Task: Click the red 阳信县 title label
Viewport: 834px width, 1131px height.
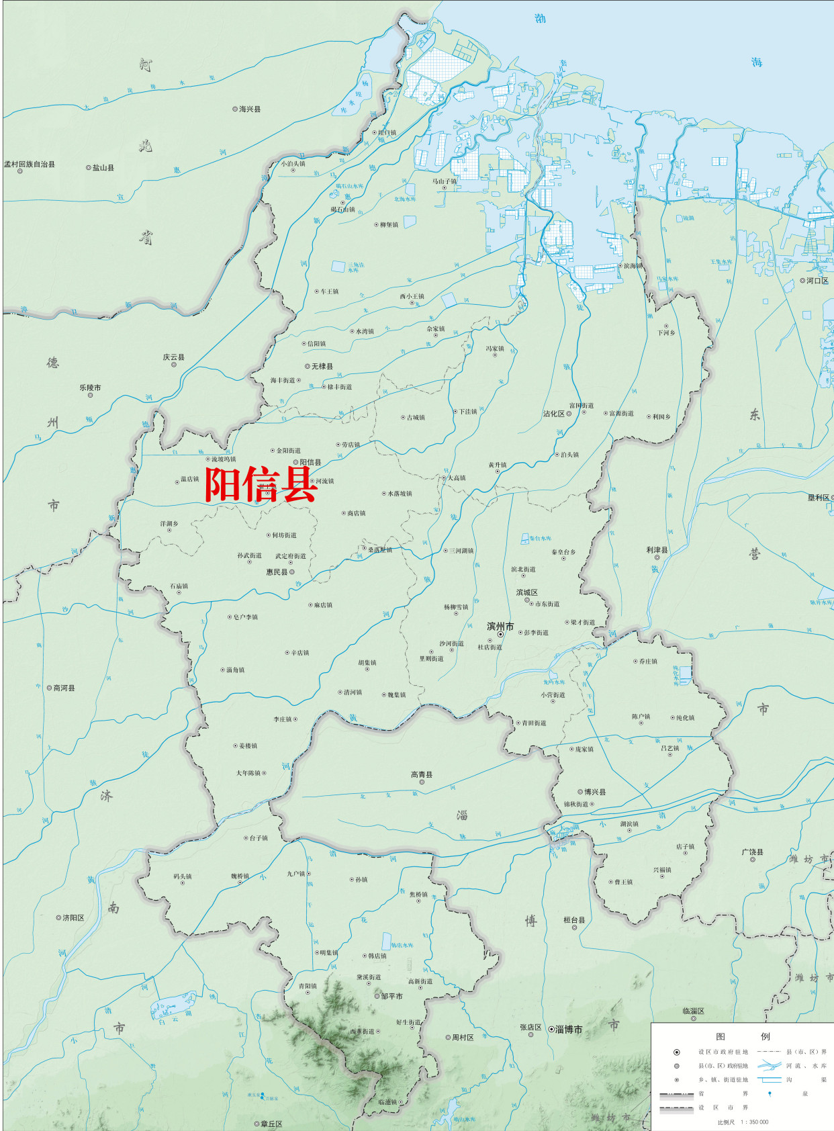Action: click(261, 485)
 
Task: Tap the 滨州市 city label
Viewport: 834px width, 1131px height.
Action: click(500, 626)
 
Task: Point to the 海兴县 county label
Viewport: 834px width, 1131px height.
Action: click(250, 109)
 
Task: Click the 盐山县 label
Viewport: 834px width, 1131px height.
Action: click(103, 168)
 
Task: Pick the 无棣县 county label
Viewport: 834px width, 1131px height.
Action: click(322, 366)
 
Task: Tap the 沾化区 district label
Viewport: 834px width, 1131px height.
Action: click(554, 414)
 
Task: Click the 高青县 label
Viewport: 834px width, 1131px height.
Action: click(422, 774)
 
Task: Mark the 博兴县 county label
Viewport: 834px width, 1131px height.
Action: click(594, 792)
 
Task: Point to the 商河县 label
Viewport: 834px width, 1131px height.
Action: click(64, 688)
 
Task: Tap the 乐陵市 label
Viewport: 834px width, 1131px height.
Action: click(90, 388)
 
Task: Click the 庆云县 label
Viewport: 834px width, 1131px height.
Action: click(173, 357)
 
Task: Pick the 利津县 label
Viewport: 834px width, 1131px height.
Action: click(657, 549)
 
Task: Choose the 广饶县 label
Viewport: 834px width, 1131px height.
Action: click(752, 852)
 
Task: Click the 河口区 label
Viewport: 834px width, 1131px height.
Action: click(817, 281)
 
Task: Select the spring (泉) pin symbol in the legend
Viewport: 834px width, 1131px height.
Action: click(770, 1093)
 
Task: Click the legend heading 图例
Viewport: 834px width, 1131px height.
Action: click(743, 1036)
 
